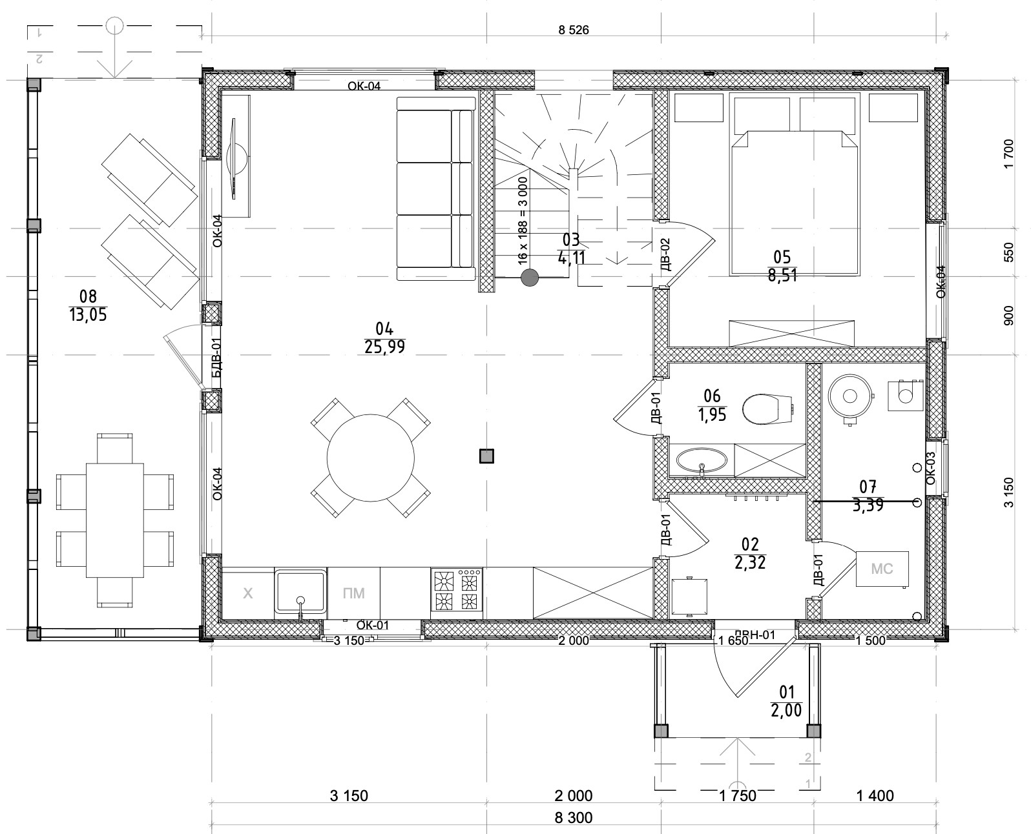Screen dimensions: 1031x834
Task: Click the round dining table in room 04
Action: [370, 458]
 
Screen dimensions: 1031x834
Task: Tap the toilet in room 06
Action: [767, 409]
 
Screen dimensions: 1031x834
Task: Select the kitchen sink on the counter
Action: [300, 592]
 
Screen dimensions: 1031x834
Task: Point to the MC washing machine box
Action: [882, 569]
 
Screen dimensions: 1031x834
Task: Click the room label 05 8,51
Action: [782, 265]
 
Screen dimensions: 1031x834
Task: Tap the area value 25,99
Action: [385, 347]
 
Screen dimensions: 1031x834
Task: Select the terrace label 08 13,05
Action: [88, 305]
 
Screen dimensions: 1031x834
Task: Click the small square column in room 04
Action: [486, 456]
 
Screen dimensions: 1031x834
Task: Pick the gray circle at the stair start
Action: [530, 277]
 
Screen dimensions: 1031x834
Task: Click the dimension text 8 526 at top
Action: [574, 30]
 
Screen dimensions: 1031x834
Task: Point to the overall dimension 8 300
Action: [574, 818]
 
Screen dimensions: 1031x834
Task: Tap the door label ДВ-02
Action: [665, 254]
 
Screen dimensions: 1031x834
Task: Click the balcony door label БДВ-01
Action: [217, 358]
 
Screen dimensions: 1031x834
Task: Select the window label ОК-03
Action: [931, 468]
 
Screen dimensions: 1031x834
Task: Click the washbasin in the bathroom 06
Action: [702, 460]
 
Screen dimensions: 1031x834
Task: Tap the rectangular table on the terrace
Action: [115, 520]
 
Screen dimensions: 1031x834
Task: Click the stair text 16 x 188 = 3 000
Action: [523, 221]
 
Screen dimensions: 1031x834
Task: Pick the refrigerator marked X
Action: [248, 593]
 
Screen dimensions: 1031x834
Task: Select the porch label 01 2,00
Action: [787, 701]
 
